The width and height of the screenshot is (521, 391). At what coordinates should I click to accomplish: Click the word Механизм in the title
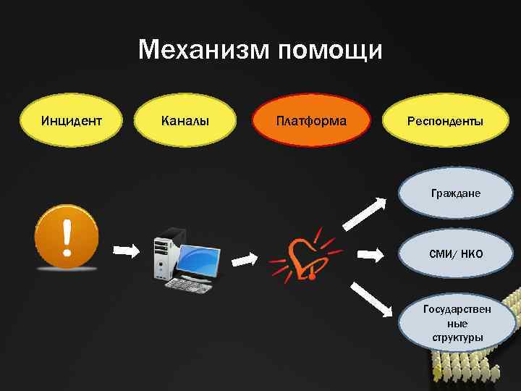pyautogui.click(x=203, y=51)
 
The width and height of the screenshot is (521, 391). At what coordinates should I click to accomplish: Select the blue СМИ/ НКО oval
pyautogui.click(x=456, y=254)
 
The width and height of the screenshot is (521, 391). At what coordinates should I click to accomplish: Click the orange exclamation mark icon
pyautogui.click(x=67, y=237)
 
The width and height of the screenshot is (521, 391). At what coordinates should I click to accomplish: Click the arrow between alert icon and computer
pyautogui.click(x=127, y=251)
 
